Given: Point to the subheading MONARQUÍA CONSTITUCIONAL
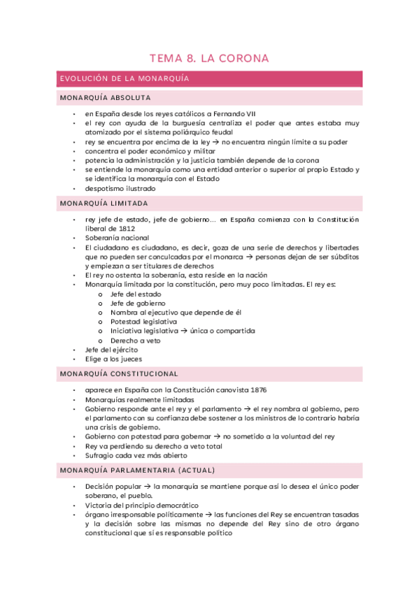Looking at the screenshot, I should (119, 374).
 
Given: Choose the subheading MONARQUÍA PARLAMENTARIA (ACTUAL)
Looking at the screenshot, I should (138, 470).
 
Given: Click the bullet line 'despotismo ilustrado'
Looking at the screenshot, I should (120, 188).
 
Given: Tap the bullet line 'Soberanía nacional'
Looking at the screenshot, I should (117, 238).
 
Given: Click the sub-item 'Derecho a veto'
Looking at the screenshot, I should (135, 340).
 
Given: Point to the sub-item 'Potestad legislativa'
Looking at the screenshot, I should (143, 322).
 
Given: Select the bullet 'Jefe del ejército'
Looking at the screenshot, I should (111, 349).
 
